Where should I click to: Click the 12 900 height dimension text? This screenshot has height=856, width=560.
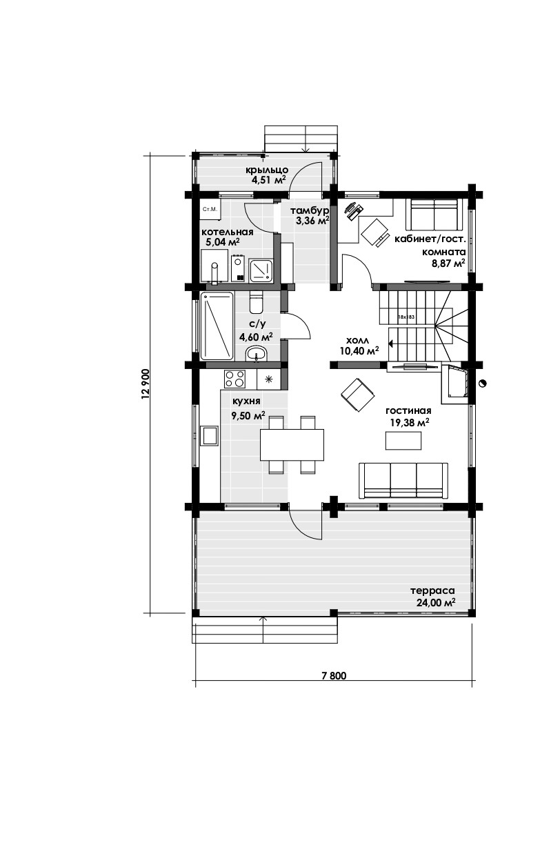click(146, 384)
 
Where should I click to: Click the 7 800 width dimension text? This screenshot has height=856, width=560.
click(334, 675)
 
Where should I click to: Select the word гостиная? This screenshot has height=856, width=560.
click(408, 411)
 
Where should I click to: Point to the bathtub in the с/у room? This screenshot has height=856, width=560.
click(217, 326)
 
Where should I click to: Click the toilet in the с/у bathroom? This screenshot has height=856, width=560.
click(256, 301)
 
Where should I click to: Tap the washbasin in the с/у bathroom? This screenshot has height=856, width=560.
click(257, 353)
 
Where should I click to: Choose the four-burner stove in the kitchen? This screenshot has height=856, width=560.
click(235, 378)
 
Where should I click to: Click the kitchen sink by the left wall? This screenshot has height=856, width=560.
click(210, 436)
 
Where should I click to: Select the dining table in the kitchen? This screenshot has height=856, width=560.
click(292, 444)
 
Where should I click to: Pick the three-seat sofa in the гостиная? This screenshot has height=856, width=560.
click(403, 480)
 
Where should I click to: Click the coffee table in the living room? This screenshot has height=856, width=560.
click(403, 440)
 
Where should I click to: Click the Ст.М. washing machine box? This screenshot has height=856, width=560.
click(210, 210)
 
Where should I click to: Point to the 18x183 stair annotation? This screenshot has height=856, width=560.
click(406, 317)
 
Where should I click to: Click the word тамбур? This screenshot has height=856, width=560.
click(310, 211)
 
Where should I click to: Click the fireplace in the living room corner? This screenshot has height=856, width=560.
click(454, 384)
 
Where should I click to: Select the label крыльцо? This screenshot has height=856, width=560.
click(267, 170)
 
